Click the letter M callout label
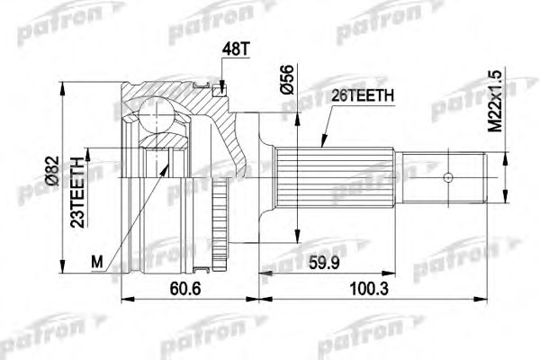pyautogui.click(x=98, y=262)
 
